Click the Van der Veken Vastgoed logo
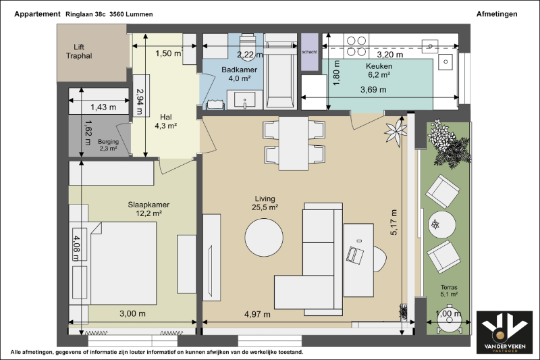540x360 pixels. click(504, 332)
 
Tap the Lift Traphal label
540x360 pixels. click(79, 51)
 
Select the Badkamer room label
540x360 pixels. click(239, 74)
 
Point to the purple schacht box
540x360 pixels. click(310, 52)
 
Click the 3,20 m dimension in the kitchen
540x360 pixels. click(390, 55)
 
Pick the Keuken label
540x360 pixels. click(379, 70)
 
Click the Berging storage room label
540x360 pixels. click(108, 145)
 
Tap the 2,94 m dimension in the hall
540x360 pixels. click(140, 101)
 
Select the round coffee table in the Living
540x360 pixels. click(264, 238)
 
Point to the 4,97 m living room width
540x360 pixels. click(257, 314)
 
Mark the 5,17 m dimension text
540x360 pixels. click(394, 222)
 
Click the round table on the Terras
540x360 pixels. click(442, 225)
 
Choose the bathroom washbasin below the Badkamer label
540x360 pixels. click(244, 100)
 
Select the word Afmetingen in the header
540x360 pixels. click(497, 14)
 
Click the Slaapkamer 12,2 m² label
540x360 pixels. click(148, 209)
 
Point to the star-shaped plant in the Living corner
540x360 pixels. click(396, 132)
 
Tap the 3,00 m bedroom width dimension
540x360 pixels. click(132, 314)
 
